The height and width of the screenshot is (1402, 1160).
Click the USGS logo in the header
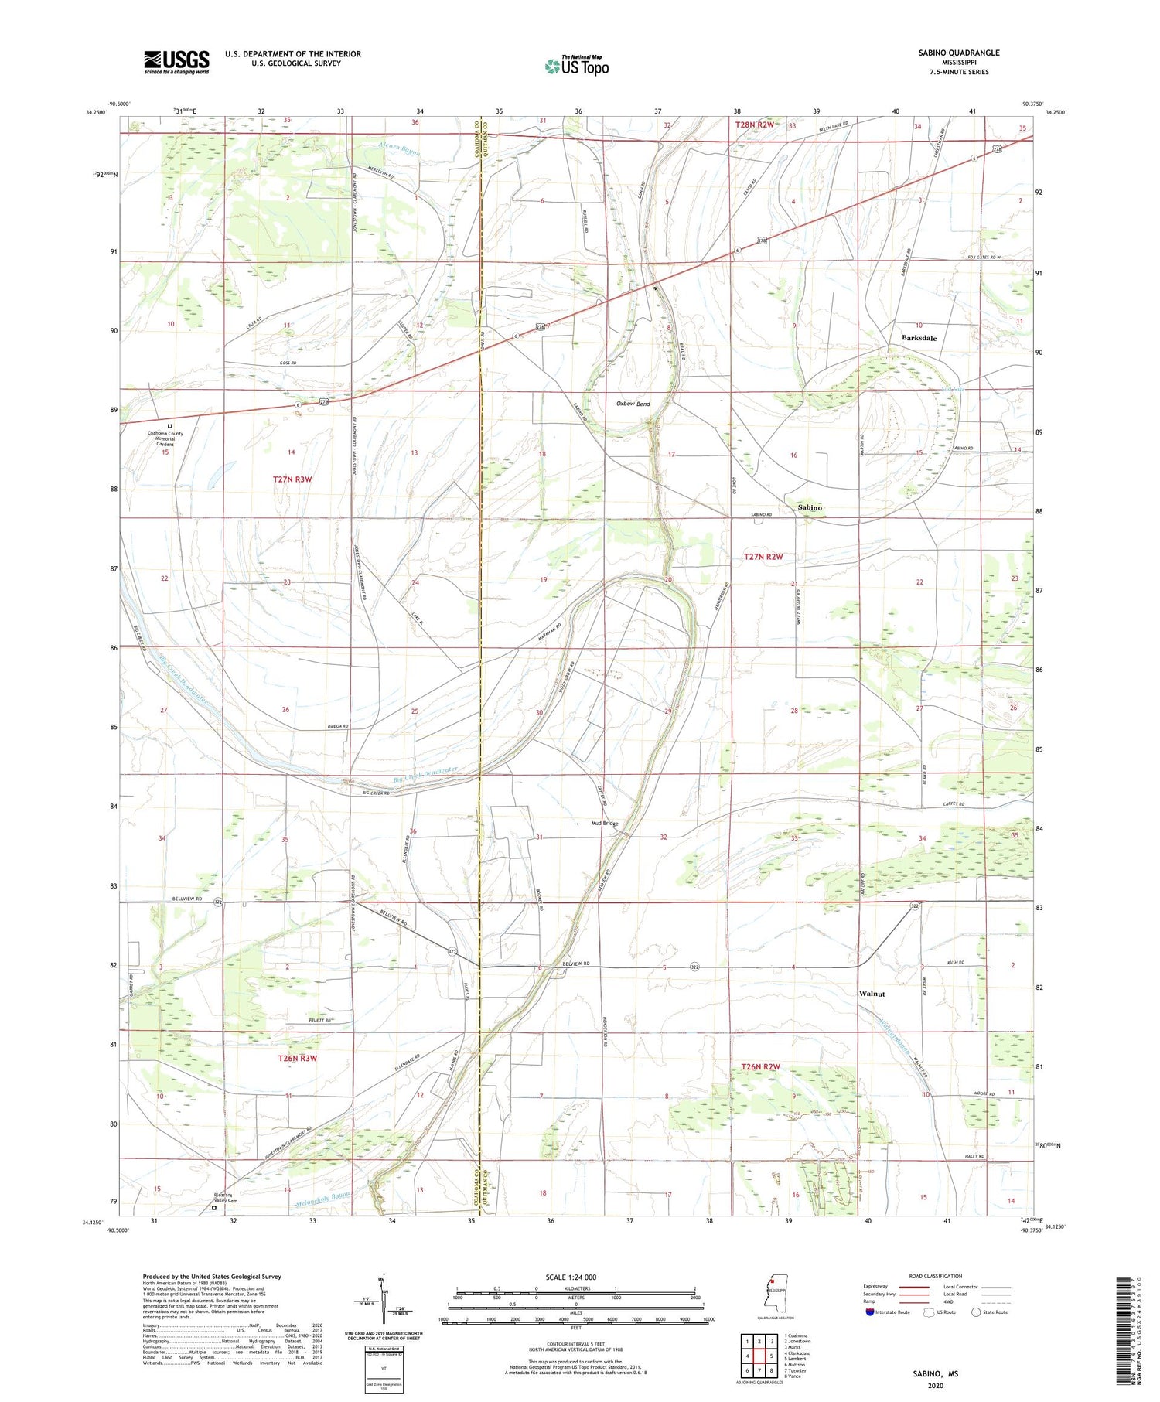176,62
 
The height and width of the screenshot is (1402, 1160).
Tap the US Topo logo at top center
576,66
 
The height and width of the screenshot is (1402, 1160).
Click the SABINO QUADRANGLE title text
958,53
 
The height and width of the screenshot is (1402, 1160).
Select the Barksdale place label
919,338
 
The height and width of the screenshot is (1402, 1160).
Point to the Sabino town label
810,507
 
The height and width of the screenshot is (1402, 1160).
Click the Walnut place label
872,994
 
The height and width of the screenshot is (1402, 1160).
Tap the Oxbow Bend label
633,404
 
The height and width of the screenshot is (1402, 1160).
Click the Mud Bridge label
605,824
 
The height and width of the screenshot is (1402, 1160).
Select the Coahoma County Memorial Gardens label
165,438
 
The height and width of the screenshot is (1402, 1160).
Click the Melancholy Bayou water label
323,1199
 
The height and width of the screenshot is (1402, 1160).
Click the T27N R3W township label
292,479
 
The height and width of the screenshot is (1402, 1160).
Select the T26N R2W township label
761,1067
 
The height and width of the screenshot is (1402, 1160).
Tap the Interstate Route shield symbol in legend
870,1312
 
